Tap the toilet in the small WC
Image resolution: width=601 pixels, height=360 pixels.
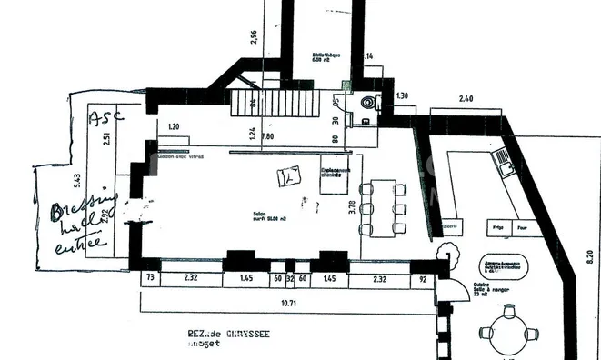point(368,103)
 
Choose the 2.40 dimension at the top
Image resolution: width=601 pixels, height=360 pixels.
point(466,97)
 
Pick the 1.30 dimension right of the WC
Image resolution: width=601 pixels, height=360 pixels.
point(403,95)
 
